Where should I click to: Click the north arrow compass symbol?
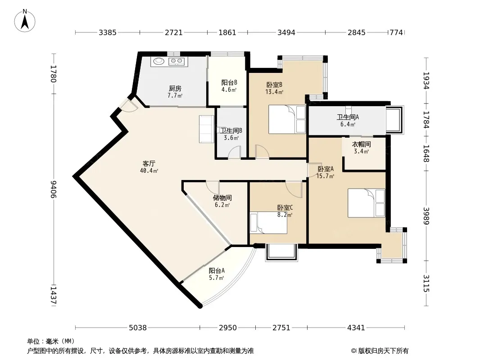point(25,21)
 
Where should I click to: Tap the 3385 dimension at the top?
point(108,32)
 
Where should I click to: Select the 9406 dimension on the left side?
point(54,189)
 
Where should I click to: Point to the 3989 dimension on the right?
point(426,216)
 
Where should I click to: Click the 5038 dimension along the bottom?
point(138,328)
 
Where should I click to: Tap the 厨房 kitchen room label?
point(175,88)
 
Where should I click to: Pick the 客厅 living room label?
point(149,164)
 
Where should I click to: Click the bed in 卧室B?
point(287,119)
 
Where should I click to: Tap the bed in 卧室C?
point(268,222)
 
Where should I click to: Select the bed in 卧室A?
point(366,203)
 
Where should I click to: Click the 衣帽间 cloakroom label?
point(361,144)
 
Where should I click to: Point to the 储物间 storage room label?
point(222,198)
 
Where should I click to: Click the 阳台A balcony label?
point(217,271)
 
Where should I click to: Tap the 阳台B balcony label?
point(229,83)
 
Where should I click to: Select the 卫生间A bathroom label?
point(348,117)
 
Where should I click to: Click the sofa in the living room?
point(207,129)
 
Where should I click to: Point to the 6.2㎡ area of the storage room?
point(222,205)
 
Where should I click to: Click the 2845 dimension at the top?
point(356,32)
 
